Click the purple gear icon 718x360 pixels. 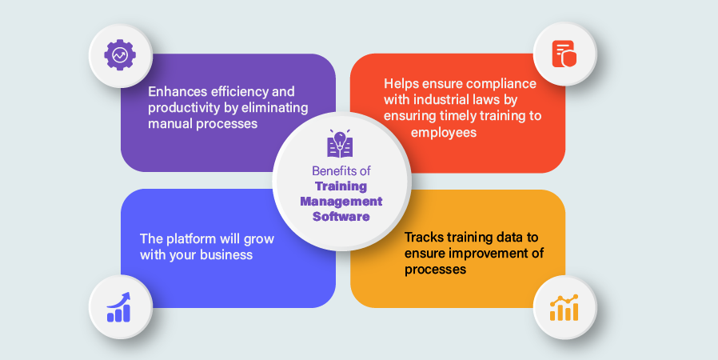pyautogui.click(x=120, y=55)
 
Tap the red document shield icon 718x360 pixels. pyautogui.click(x=564, y=54)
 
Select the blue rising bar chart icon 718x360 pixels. pyautogui.click(x=118, y=307)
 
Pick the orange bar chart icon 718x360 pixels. pyautogui.click(x=564, y=307)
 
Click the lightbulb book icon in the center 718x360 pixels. pyautogui.click(x=340, y=143)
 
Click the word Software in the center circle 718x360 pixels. pyautogui.click(x=341, y=216)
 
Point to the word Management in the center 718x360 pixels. pyautogui.click(x=341, y=202)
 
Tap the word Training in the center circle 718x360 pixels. pyautogui.click(x=341, y=186)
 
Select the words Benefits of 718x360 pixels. pyautogui.click(x=341, y=171)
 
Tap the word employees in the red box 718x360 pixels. pyautogui.click(x=444, y=133)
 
